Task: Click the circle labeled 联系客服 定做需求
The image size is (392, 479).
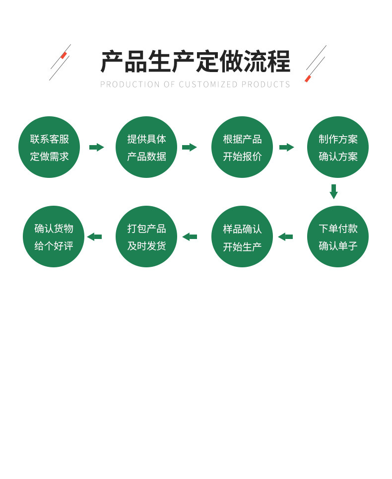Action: [x=49, y=147]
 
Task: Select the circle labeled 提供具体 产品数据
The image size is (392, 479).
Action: [x=146, y=147]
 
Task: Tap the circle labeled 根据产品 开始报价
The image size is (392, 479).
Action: [x=242, y=147]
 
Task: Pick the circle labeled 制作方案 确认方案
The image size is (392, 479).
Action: [x=338, y=147]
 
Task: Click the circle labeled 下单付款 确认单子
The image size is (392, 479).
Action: [x=338, y=237]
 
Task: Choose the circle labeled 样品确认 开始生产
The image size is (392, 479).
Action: [x=242, y=237]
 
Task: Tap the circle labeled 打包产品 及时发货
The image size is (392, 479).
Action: [x=146, y=237]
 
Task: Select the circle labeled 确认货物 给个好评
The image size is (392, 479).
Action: [x=54, y=237]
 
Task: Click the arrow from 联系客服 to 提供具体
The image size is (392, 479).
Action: [x=96, y=147]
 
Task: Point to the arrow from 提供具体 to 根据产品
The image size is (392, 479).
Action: [x=189, y=147]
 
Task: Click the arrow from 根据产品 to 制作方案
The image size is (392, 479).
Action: [x=286, y=147]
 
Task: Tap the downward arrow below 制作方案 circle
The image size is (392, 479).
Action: [x=333, y=191]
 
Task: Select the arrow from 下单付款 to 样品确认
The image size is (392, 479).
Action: [x=285, y=237]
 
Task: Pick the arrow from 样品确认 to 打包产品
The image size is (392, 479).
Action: [x=190, y=237]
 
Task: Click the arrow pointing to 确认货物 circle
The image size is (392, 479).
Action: [x=94, y=237]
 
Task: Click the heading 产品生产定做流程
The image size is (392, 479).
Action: [x=195, y=62]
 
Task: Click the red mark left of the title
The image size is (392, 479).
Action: [x=64, y=55]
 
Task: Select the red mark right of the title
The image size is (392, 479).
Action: [x=308, y=79]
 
